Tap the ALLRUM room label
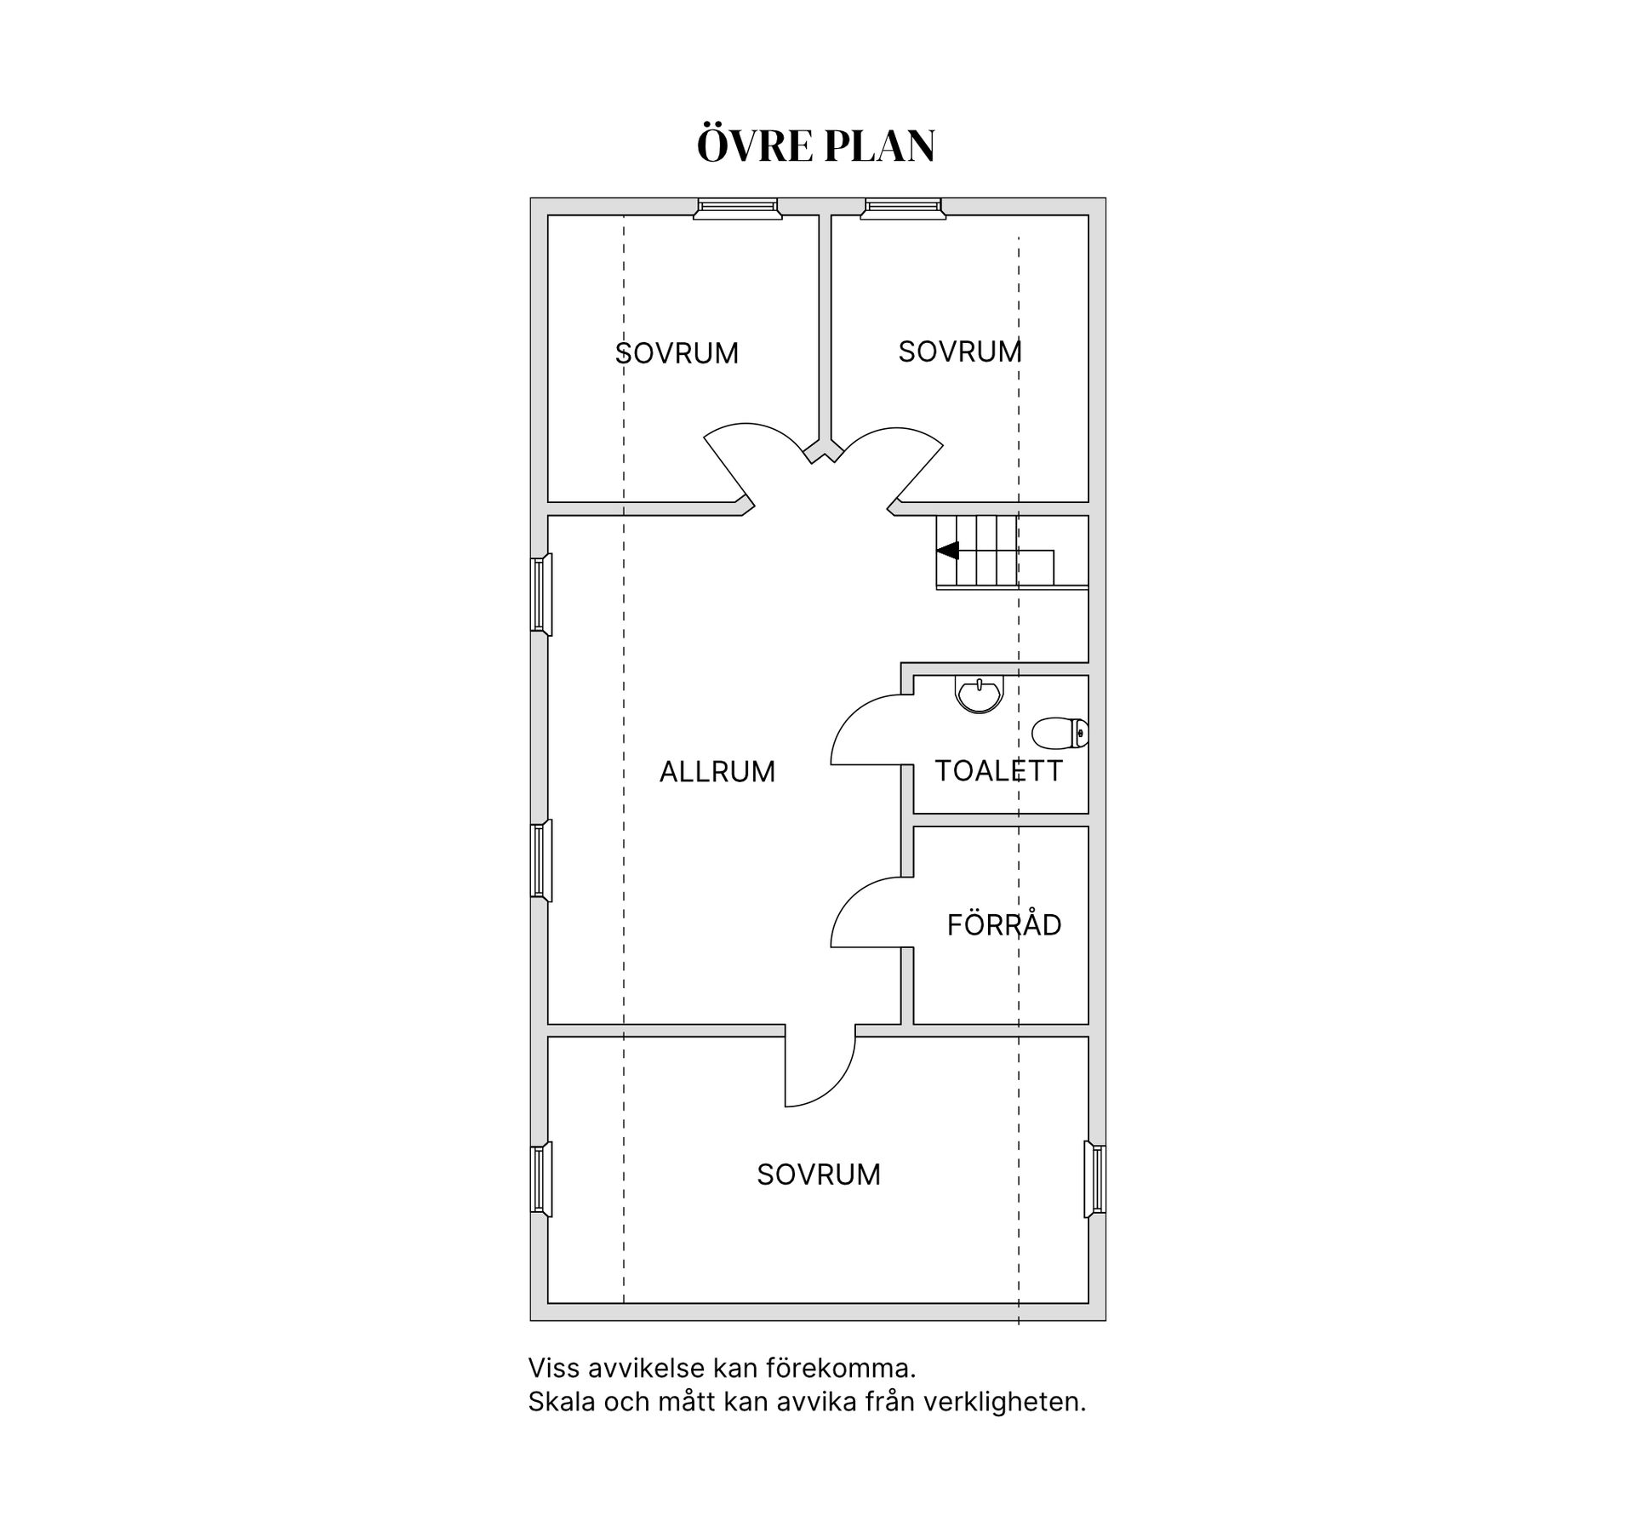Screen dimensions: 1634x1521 click(x=717, y=772)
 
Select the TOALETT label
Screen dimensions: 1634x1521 click(x=999, y=771)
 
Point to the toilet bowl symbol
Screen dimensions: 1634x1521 click(x=1060, y=733)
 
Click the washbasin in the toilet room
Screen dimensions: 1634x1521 click(x=980, y=694)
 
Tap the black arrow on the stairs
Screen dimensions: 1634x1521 click(x=947, y=551)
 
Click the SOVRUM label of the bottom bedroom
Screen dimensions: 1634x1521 click(x=819, y=1175)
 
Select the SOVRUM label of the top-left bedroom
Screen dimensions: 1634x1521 click(x=677, y=353)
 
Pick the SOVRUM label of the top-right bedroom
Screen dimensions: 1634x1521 click(x=960, y=352)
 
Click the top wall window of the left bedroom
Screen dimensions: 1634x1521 click(x=738, y=209)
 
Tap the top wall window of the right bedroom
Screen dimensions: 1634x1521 click(x=903, y=209)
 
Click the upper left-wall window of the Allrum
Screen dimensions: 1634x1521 click(x=541, y=594)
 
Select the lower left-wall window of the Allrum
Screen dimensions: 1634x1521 click(x=541, y=860)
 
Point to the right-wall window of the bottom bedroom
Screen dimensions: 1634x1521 click(x=1095, y=1179)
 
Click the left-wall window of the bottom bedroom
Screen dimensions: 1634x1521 click(x=541, y=1179)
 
